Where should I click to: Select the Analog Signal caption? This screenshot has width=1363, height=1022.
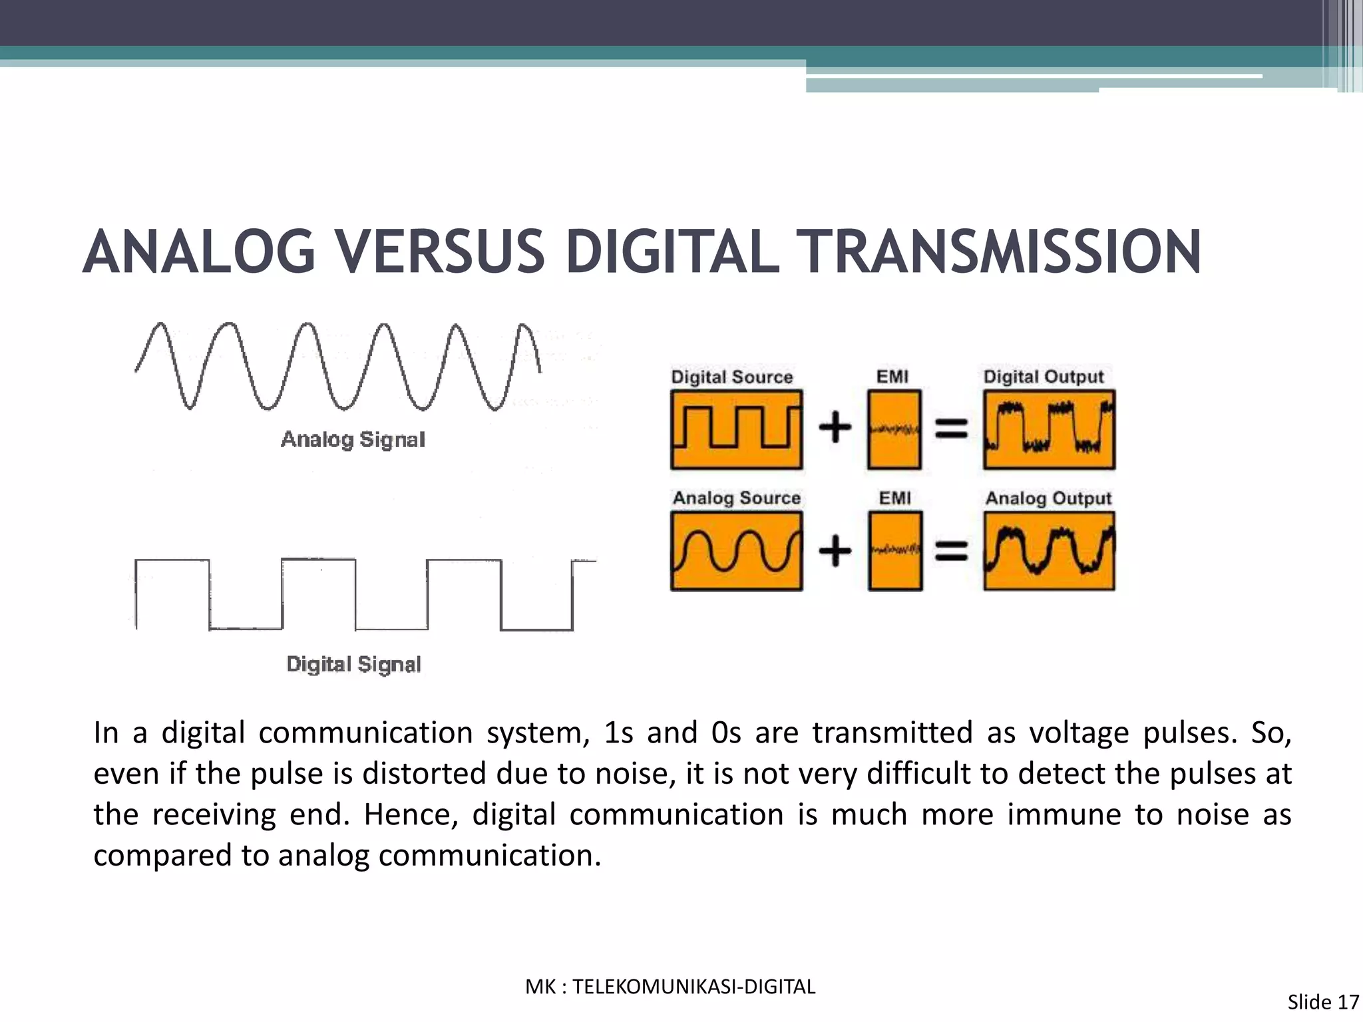353,439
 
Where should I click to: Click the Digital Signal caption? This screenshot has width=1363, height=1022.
353,664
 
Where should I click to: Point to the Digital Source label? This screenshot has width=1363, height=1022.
731,377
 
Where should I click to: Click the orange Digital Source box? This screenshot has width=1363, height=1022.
736,430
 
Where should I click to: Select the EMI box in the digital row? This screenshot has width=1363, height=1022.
894,430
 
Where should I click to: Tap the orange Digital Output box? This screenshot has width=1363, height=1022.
1049,430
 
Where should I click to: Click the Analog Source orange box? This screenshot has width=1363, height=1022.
736,551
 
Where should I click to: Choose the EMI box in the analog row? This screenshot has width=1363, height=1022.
895,551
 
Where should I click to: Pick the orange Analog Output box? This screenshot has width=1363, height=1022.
1049,551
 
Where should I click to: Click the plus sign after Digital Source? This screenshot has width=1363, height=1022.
835,427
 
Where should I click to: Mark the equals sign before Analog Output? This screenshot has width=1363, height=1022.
952,551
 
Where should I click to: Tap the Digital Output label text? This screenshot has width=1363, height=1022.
1044,377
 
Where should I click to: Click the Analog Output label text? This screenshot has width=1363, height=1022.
1048,498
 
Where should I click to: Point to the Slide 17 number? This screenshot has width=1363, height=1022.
1323,1002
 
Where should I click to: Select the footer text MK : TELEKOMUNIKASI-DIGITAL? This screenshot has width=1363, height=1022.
670,987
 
